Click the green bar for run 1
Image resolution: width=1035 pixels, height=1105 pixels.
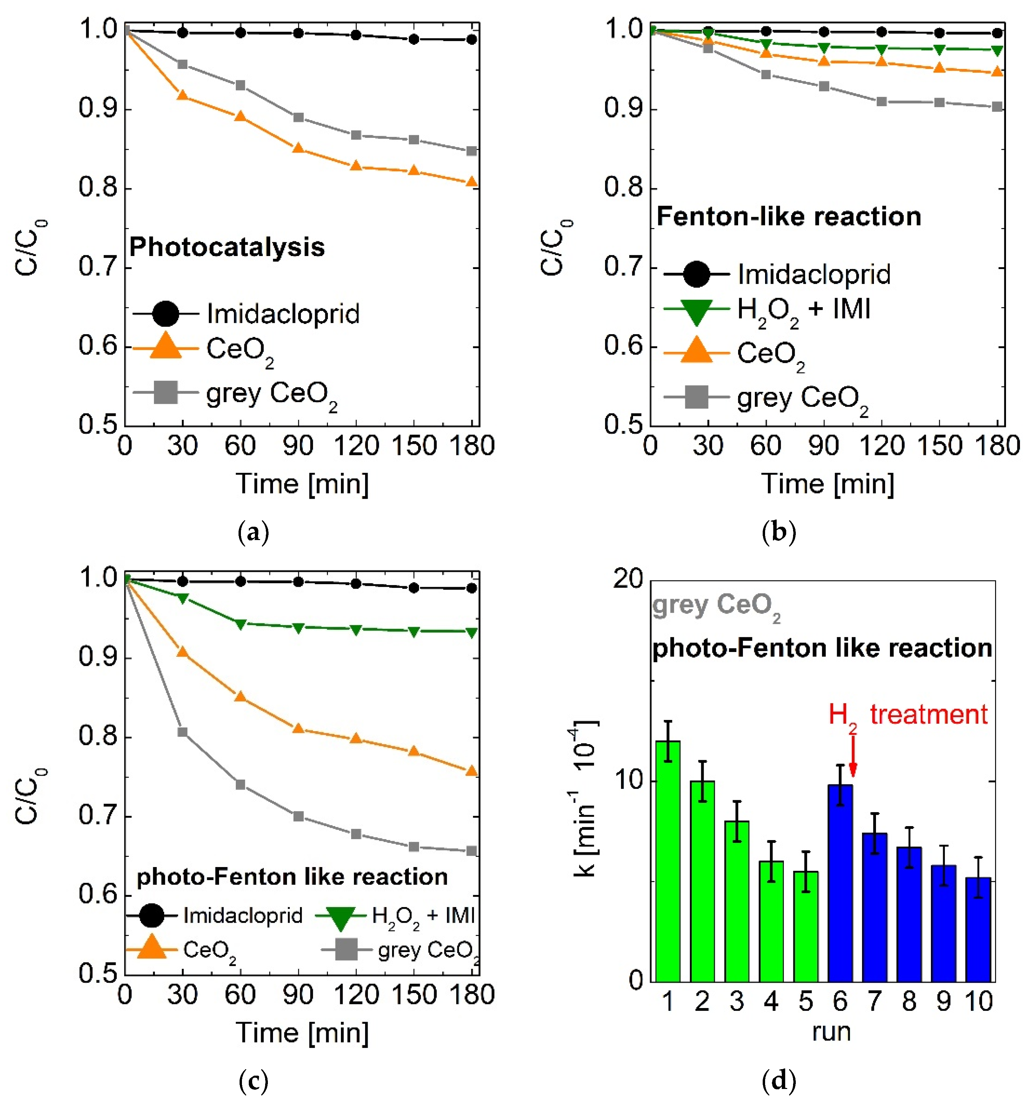(x=667, y=862)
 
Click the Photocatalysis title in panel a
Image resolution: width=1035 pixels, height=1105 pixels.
(x=227, y=247)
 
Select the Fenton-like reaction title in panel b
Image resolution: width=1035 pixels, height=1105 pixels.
(x=788, y=216)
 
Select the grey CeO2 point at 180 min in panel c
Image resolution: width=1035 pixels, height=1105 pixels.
(x=471, y=851)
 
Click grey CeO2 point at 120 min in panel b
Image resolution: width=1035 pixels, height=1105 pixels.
(x=881, y=102)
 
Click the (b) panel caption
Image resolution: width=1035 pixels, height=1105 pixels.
(x=779, y=533)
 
